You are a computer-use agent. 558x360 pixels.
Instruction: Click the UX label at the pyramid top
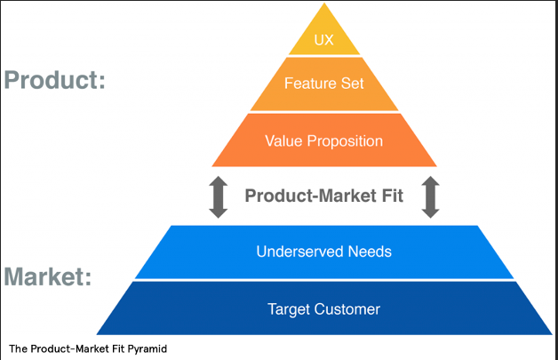pyautogui.click(x=323, y=40)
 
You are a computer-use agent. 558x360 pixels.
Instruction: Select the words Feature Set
pyautogui.click(x=323, y=84)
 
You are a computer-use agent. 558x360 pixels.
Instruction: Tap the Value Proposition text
pyautogui.click(x=323, y=141)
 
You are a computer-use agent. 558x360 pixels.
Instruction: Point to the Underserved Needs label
pyautogui.click(x=323, y=252)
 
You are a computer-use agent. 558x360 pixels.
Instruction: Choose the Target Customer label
pyautogui.click(x=323, y=309)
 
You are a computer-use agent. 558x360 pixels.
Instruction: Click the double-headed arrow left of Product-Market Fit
pyautogui.click(x=219, y=197)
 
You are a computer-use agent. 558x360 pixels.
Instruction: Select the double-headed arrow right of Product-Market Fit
pyautogui.click(x=431, y=197)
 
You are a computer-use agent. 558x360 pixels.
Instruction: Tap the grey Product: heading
pyautogui.click(x=55, y=80)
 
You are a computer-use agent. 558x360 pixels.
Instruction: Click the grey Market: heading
pyautogui.click(x=48, y=276)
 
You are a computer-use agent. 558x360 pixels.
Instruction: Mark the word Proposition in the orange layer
pyautogui.click(x=345, y=141)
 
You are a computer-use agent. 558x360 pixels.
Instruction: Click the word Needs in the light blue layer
pyautogui.click(x=370, y=252)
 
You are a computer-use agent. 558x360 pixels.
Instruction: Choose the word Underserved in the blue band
pyautogui.click(x=300, y=252)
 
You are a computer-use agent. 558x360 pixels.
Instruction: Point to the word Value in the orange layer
pyautogui.click(x=283, y=141)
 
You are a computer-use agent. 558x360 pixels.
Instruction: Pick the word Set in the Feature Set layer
pyautogui.click(x=353, y=84)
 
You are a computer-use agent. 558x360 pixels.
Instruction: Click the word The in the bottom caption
pyautogui.click(x=18, y=348)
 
